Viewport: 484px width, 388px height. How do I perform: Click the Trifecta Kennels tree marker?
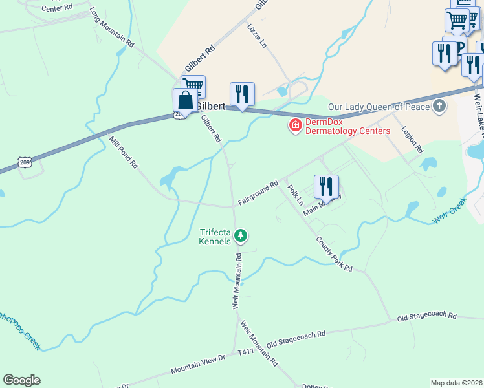(241, 235)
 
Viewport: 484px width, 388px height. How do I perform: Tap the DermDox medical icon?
(295, 124)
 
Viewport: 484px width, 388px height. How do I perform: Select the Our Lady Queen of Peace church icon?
(439, 106)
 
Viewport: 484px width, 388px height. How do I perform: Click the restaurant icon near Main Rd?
(326, 186)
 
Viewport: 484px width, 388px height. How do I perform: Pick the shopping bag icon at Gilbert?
(186, 100)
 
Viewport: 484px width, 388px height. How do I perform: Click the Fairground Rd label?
(258, 193)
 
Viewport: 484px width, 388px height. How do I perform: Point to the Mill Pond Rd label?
(124, 153)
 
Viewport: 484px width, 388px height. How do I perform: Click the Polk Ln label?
(295, 195)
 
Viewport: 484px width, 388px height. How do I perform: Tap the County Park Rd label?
(334, 254)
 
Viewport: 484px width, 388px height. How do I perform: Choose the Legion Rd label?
(412, 139)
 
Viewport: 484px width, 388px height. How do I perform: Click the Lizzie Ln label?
(256, 36)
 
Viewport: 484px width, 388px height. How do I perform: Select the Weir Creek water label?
(450, 213)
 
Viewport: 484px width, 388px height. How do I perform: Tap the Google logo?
(21, 380)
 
